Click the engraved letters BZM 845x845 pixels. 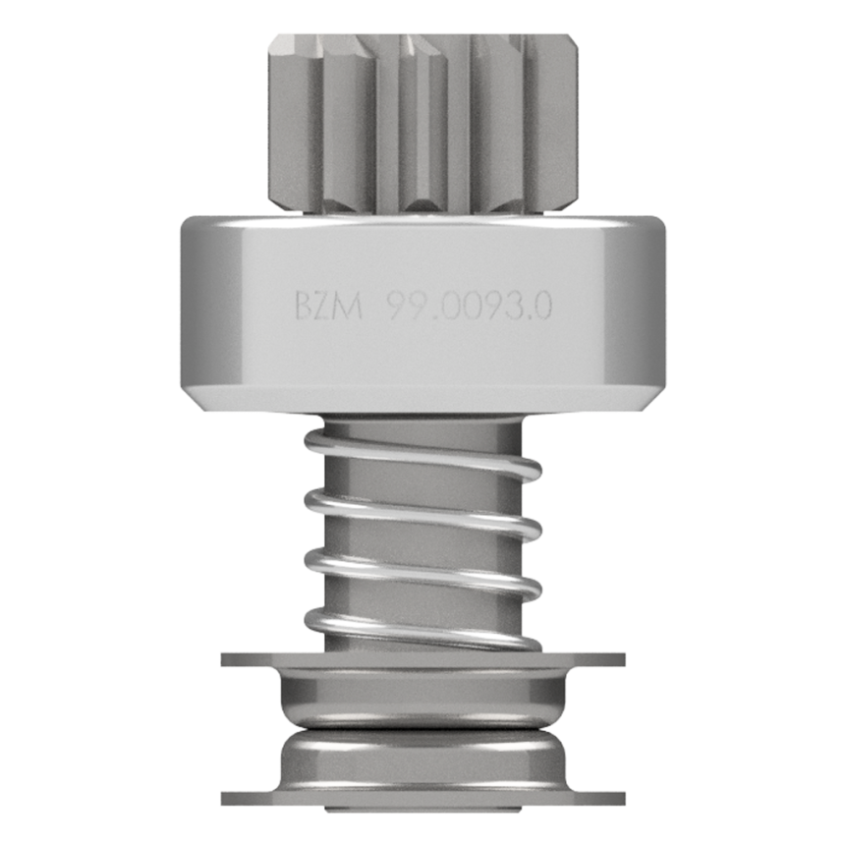coord(329,306)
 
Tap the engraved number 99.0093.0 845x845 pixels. coord(470,306)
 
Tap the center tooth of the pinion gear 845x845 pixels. coord(422,123)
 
